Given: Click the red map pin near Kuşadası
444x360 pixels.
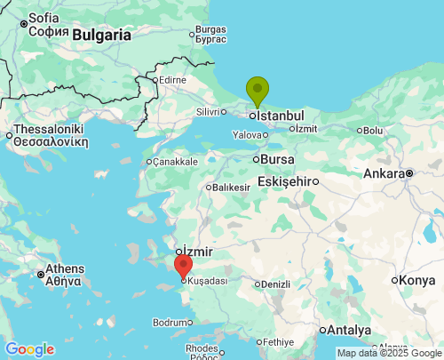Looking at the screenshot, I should (x=183, y=265).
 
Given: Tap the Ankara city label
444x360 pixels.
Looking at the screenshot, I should (x=384, y=172).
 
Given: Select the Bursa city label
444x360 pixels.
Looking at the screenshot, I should (x=276, y=159).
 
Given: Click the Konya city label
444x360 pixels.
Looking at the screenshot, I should (x=417, y=280).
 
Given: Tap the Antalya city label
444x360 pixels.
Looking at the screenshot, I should (x=349, y=330).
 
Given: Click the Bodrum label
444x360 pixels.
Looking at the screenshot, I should (x=170, y=322).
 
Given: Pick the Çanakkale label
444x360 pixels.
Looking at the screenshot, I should (x=176, y=162).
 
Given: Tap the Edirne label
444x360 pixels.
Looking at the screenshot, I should (x=170, y=80).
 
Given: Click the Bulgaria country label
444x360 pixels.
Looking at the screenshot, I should (x=101, y=36).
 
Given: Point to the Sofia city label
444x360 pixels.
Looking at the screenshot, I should (x=44, y=18).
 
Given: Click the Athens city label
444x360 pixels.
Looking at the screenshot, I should (x=65, y=268).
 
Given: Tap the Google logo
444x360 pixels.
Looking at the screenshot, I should (x=29, y=349).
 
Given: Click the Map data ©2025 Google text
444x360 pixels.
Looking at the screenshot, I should (x=387, y=353).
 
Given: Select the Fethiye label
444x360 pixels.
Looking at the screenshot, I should (x=278, y=342).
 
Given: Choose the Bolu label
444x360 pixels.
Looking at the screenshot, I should (x=372, y=131).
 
